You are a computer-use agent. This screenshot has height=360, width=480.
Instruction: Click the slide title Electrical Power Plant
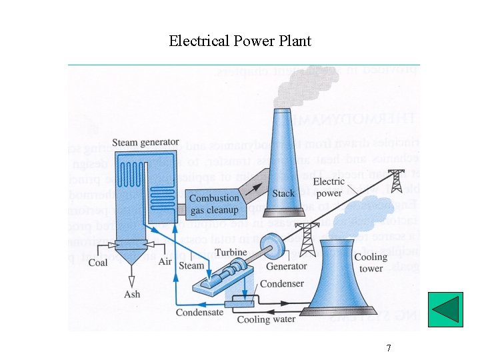[x=240, y=41]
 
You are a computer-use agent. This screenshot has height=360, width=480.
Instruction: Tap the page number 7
[x=388, y=348]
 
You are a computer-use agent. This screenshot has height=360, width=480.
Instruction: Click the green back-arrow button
[x=445, y=310]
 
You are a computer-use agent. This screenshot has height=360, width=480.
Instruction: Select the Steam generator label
[x=145, y=142]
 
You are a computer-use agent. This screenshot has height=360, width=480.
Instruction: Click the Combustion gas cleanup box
[x=214, y=204]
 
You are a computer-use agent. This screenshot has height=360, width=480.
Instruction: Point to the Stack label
[x=283, y=193]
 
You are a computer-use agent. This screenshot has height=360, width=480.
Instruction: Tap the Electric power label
[x=329, y=187]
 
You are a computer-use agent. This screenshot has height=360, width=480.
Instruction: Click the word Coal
[x=98, y=263]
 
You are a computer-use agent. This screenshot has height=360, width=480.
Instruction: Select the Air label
[x=165, y=262]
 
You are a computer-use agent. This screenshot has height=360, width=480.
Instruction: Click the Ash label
[x=132, y=294]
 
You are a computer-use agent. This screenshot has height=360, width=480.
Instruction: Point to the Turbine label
[x=231, y=253]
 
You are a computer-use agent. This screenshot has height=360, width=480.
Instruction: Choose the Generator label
[x=287, y=266]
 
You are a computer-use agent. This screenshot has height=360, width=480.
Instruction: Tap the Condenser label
[x=282, y=283]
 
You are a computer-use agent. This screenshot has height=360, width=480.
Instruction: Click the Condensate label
[x=199, y=312]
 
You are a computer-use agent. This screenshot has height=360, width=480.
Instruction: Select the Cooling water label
[x=263, y=319]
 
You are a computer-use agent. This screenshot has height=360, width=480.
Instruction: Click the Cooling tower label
[x=371, y=262]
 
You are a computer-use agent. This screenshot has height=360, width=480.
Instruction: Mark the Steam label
[x=192, y=265]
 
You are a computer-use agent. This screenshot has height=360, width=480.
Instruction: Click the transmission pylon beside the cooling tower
[x=308, y=239]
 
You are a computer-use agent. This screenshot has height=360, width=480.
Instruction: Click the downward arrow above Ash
[x=132, y=277]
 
